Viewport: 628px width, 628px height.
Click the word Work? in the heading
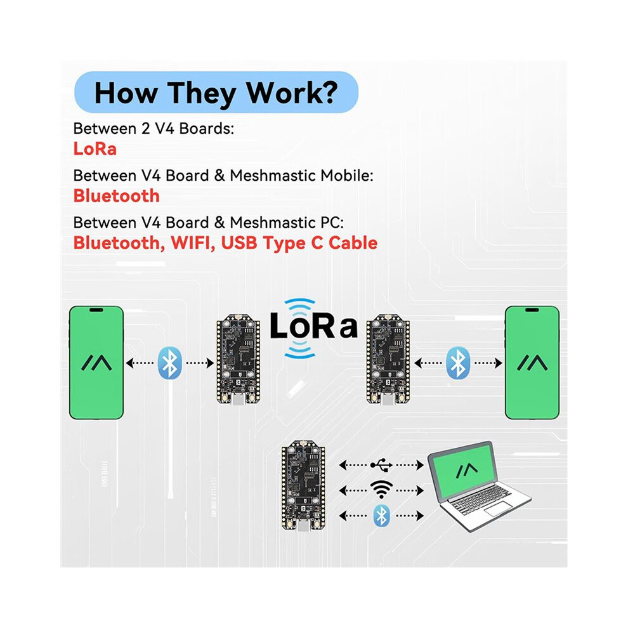point(292,93)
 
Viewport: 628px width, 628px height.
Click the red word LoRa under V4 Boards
point(95,148)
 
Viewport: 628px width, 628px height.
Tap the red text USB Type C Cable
point(299,244)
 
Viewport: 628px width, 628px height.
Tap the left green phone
point(96,362)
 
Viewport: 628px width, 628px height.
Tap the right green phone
point(532,362)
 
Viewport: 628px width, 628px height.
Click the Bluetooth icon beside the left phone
point(170,363)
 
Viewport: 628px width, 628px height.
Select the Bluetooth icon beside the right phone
point(458,363)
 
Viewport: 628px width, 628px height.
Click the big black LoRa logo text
point(313,325)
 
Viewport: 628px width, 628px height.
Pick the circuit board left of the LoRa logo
point(239,358)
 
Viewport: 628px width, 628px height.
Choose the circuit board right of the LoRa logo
point(388,359)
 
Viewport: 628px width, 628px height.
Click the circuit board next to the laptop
point(303,485)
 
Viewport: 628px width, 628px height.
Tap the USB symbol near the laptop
point(381,465)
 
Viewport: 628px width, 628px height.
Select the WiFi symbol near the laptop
point(381,490)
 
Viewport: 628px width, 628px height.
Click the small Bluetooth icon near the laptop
point(381,516)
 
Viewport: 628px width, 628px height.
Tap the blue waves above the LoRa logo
point(299,305)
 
